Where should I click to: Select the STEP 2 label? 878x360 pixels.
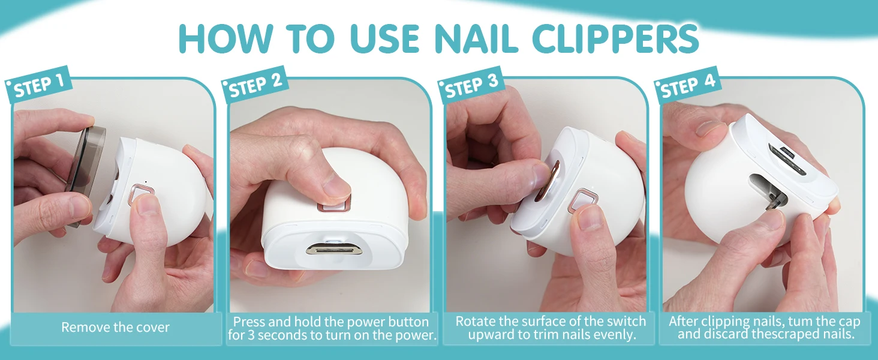point(255,86)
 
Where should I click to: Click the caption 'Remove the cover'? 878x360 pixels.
point(115,327)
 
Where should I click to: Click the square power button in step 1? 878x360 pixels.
point(141,194)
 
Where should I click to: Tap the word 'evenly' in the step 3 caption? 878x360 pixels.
point(614,335)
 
